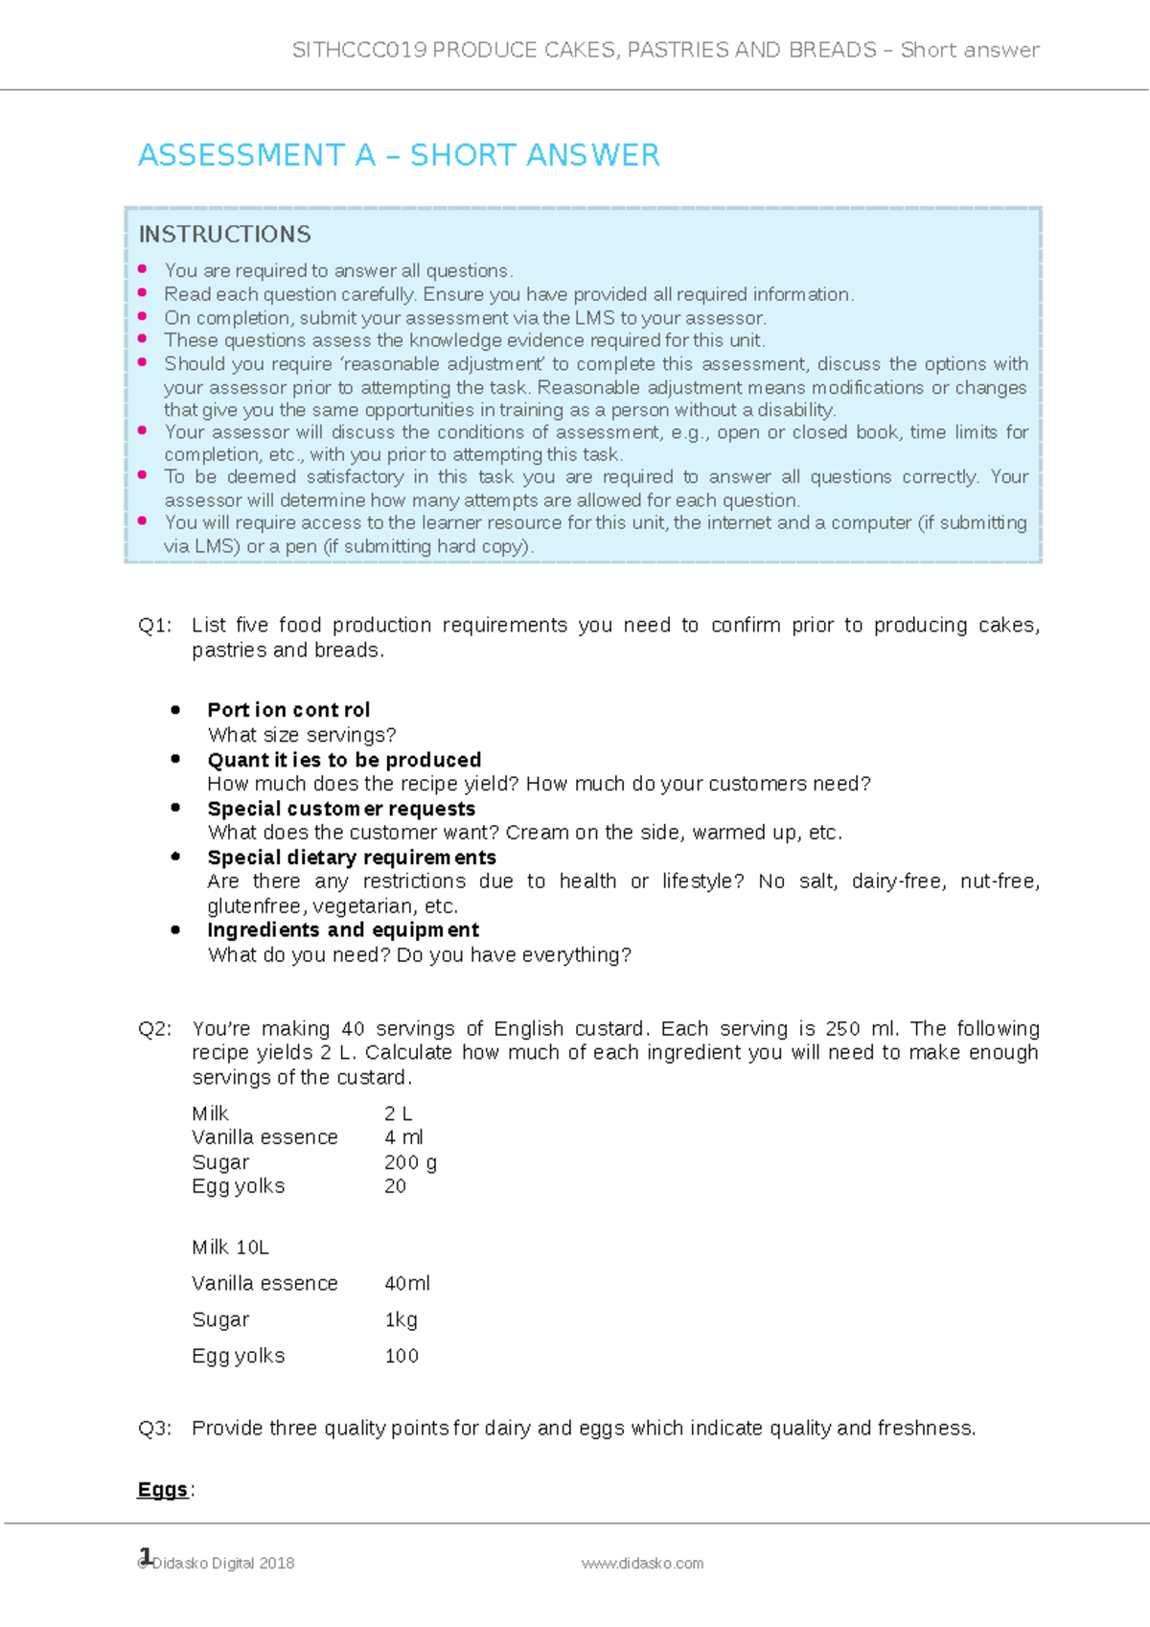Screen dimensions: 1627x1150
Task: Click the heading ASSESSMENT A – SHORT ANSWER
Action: click(399, 155)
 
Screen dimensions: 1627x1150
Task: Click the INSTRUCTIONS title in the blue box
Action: click(225, 234)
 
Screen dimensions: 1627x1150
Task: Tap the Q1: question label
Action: click(154, 626)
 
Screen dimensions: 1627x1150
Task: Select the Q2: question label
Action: click(154, 1029)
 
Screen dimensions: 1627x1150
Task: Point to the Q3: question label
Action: click(154, 1429)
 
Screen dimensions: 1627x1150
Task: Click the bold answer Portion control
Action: click(288, 710)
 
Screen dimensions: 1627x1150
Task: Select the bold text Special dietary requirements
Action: click(352, 858)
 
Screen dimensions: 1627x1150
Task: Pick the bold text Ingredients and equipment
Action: click(343, 930)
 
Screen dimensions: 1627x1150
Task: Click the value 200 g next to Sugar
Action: click(410, 1162)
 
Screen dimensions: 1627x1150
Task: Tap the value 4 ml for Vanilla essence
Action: click(403, 1137)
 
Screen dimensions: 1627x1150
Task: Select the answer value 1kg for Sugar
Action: click(401, 1319)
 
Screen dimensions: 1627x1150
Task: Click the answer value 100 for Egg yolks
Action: click(402, 1356)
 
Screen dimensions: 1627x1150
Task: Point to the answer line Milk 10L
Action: click(230, 1248)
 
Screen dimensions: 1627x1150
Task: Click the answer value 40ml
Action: click(407, 1283)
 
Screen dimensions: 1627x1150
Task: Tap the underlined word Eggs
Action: click(163, 1490)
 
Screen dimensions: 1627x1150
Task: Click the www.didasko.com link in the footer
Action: click(642, 1563)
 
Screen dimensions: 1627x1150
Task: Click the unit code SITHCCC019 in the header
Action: click(359, 50)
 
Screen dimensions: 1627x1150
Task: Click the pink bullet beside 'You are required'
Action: click(143, 269)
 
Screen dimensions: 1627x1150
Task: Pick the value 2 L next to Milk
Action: click(398, 1113)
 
